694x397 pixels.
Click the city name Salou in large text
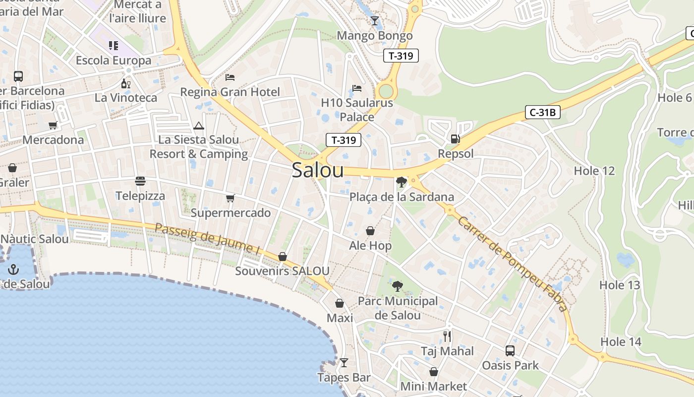(x=317, y=170)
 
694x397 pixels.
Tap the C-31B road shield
(x=542, y=113)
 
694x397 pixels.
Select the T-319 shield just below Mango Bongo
(x=401, y=56)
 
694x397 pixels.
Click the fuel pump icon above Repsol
(x=455, y=138)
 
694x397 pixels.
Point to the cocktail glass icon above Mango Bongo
(x=374, y=21)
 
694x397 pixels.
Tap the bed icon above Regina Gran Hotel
(x=230, y=77)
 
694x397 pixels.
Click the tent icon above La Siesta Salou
(x=199, y=126)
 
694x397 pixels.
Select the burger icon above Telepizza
(x=140, y=181)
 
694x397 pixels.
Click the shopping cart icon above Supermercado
(x=230, y=198)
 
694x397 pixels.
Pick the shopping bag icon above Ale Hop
(x=370, y=231)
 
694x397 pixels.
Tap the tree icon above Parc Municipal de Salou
(x=397, y=286)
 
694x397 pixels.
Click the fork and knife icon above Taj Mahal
(x=447, y=336)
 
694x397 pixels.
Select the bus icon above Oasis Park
(x=510, y=350)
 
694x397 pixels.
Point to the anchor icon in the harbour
(x=13, y=269)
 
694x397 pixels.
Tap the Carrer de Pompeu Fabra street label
(x=512, y=264)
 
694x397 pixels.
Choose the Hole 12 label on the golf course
(x=594, y=171)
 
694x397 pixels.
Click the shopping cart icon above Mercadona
(x=53, y=125)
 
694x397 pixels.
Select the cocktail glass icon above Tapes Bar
(x=344, y=362)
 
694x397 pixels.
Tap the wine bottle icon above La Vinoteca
(x=125, y=83)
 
